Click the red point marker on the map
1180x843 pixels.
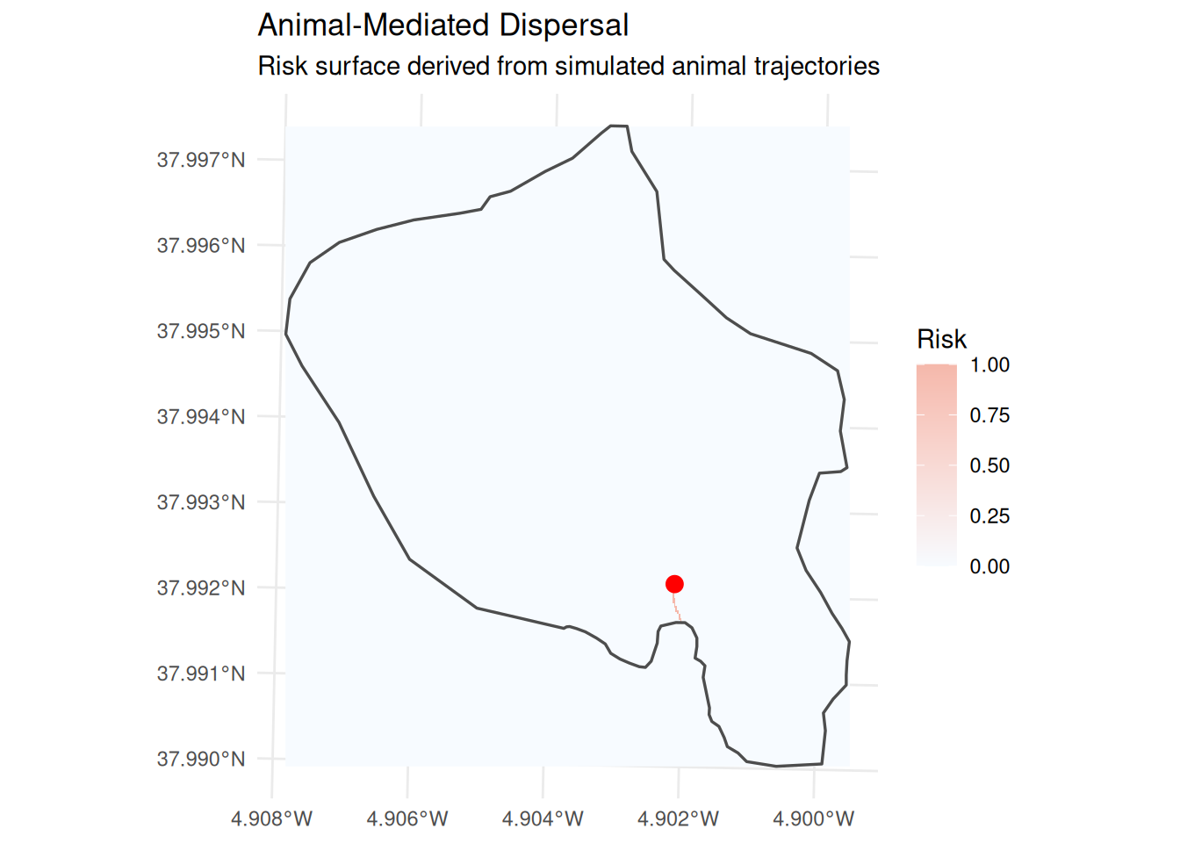(674, 584)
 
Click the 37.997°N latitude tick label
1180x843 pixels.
(201, 160)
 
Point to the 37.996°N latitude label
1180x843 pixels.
(201, 246)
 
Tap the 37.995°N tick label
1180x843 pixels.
(201, 331)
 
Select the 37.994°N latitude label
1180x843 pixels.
(201, 417)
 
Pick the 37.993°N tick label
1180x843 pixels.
(201, 502)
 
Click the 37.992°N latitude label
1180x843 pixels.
(201, 587)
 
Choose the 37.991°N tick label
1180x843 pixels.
(201, 674)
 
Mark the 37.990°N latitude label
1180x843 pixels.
(201, 760)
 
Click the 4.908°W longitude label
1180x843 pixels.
(272, 818)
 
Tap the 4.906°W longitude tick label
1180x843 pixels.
(407, 818)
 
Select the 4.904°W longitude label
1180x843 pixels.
(543, 818)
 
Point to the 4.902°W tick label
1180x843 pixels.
(678, 818)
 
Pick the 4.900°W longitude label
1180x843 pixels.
(813, 818)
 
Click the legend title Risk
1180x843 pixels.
(942, 339)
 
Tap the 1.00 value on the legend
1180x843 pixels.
(989, 364)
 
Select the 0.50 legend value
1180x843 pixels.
(989, 465)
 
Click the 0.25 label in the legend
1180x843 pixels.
(989, 515)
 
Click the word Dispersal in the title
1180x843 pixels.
(565, 25)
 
